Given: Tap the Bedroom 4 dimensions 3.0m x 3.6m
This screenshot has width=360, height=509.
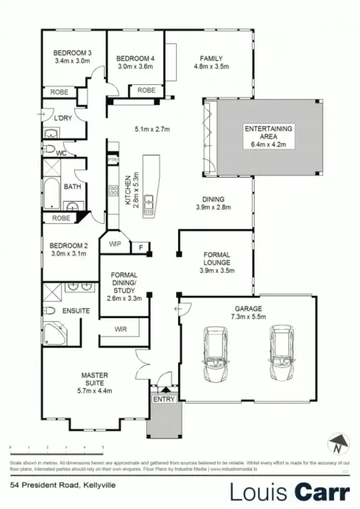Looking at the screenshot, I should [136, 67].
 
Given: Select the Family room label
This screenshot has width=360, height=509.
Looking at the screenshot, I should [211, 58].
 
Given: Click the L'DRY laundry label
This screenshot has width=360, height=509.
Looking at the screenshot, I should [63, 118].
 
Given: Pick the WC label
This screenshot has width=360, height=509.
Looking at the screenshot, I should [60, 153].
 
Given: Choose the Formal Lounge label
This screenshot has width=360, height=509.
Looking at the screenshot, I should [217, 258].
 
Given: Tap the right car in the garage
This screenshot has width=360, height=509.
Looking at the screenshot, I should [281, 352].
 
